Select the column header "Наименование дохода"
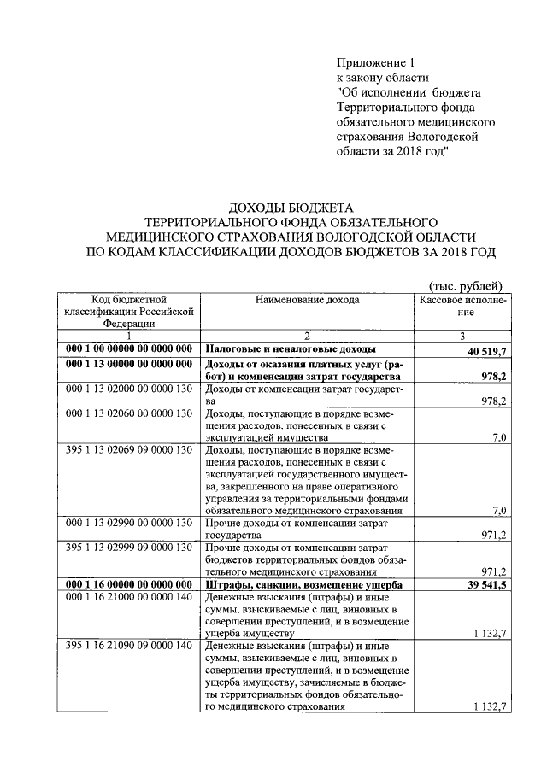pos(307,300)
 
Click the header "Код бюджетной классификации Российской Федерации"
pos(129,312)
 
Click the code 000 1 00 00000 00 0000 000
pos(129,350)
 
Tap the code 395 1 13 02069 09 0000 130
pos(129,450)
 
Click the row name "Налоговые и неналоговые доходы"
pos(290,350)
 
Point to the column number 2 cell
pos(306,337)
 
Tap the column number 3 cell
pos(463,337)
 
